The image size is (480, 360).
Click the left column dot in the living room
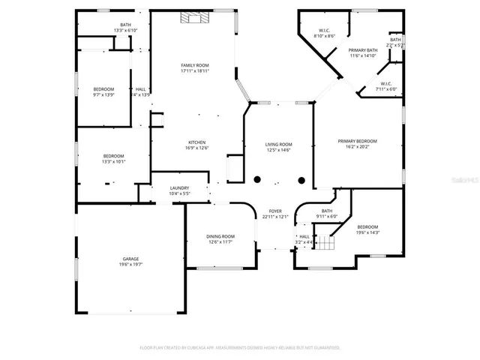point(256,178)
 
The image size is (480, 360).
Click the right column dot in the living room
point(301,178)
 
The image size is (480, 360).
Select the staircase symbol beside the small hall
point(324,243)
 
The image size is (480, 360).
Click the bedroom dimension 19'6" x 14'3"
point(367,232)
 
